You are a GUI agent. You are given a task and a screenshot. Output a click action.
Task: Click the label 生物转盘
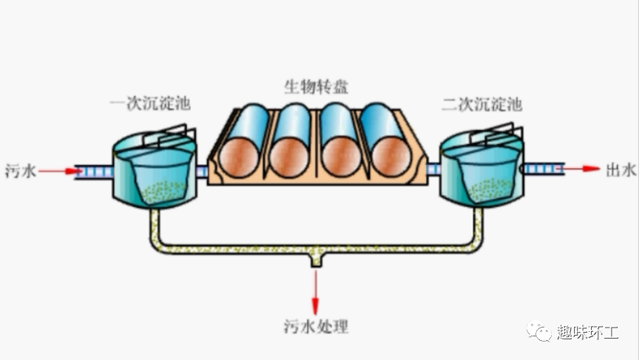317,86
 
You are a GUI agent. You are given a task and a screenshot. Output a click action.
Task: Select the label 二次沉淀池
481,104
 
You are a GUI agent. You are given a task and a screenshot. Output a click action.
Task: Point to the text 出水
620,170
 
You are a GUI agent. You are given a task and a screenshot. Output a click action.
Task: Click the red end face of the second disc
287,157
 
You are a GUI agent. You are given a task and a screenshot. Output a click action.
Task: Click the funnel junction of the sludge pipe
316,258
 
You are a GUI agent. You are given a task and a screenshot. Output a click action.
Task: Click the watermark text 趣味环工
588,333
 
